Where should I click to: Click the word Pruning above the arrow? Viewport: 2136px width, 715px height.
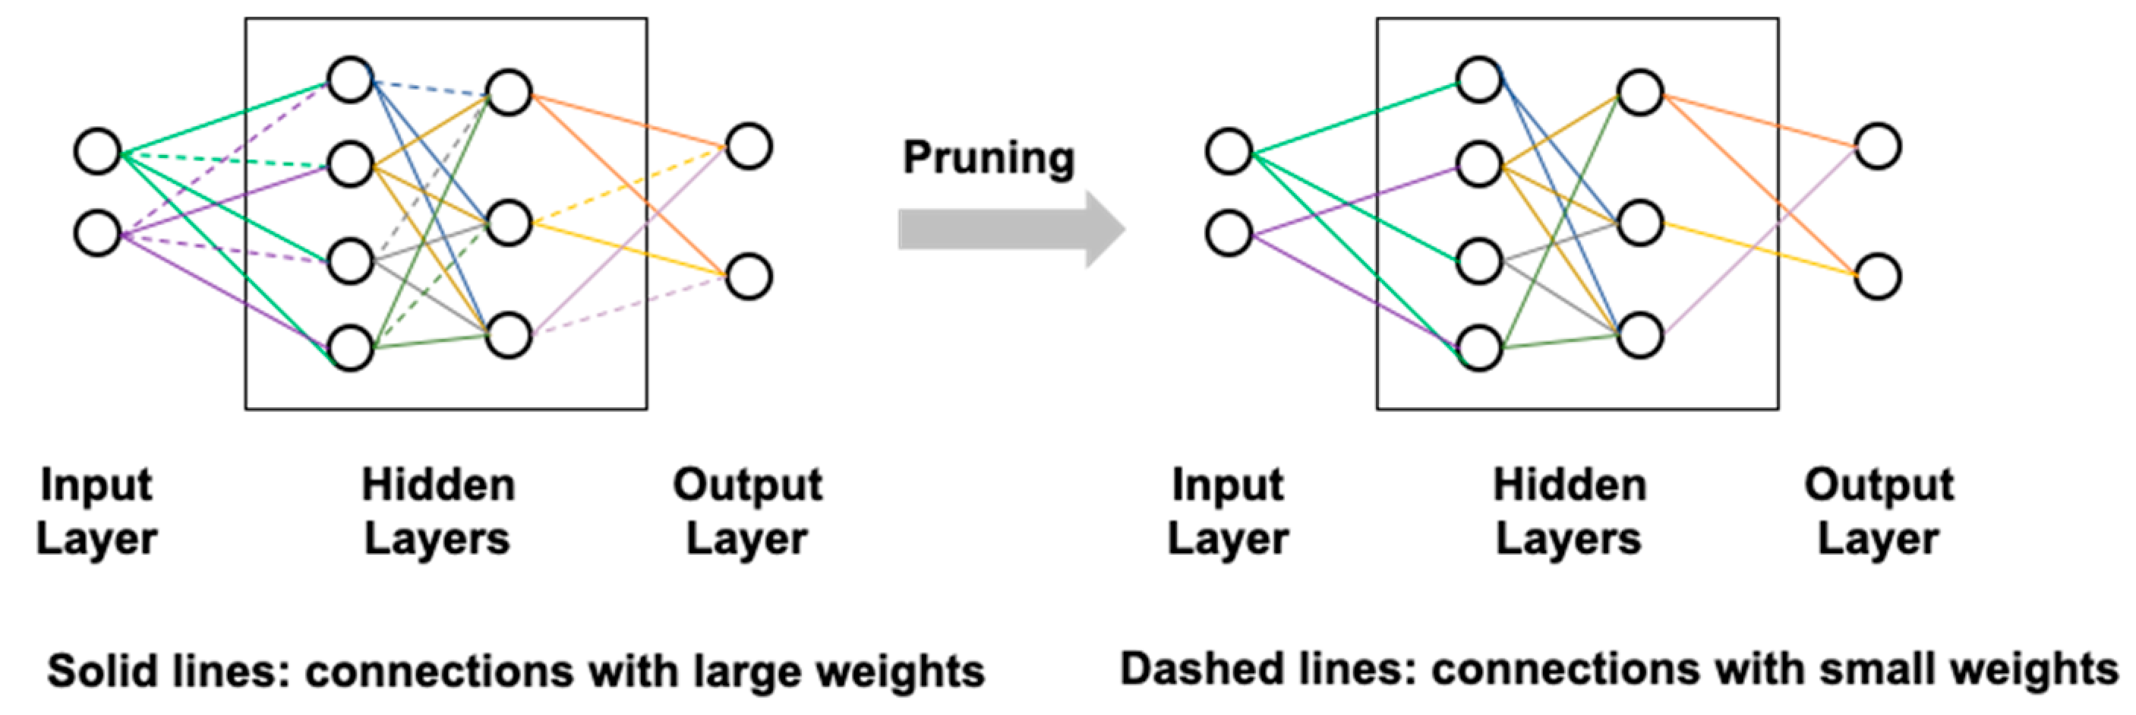click(x=989, y=157)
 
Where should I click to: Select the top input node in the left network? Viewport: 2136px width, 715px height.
click(x=98, y=152)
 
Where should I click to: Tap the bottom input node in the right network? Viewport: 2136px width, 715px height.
click(x=1228, y=233)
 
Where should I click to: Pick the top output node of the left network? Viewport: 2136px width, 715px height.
click(x=749, y=147)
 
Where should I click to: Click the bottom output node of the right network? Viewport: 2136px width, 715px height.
click(x=1877, y=277)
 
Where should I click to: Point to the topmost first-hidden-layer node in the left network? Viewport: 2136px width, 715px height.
click(x=350, y=81)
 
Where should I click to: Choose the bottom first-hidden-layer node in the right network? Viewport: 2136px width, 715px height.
click(x=1479, y=347)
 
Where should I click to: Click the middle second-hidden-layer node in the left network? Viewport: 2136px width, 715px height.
click(x=508, y=223)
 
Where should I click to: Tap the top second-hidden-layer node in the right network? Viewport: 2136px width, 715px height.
click(x=1639, y=92)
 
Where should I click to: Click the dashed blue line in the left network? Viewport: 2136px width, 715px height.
click(x=430, y=87)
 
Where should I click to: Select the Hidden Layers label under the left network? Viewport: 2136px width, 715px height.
click(x=438, y=511)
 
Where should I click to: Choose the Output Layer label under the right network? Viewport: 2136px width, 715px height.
click(x=1878, y=511)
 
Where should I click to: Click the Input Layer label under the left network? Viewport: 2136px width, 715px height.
click(x=96, y=511)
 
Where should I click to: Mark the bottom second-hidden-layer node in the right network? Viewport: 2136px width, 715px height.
click(x=1639, y=335)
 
